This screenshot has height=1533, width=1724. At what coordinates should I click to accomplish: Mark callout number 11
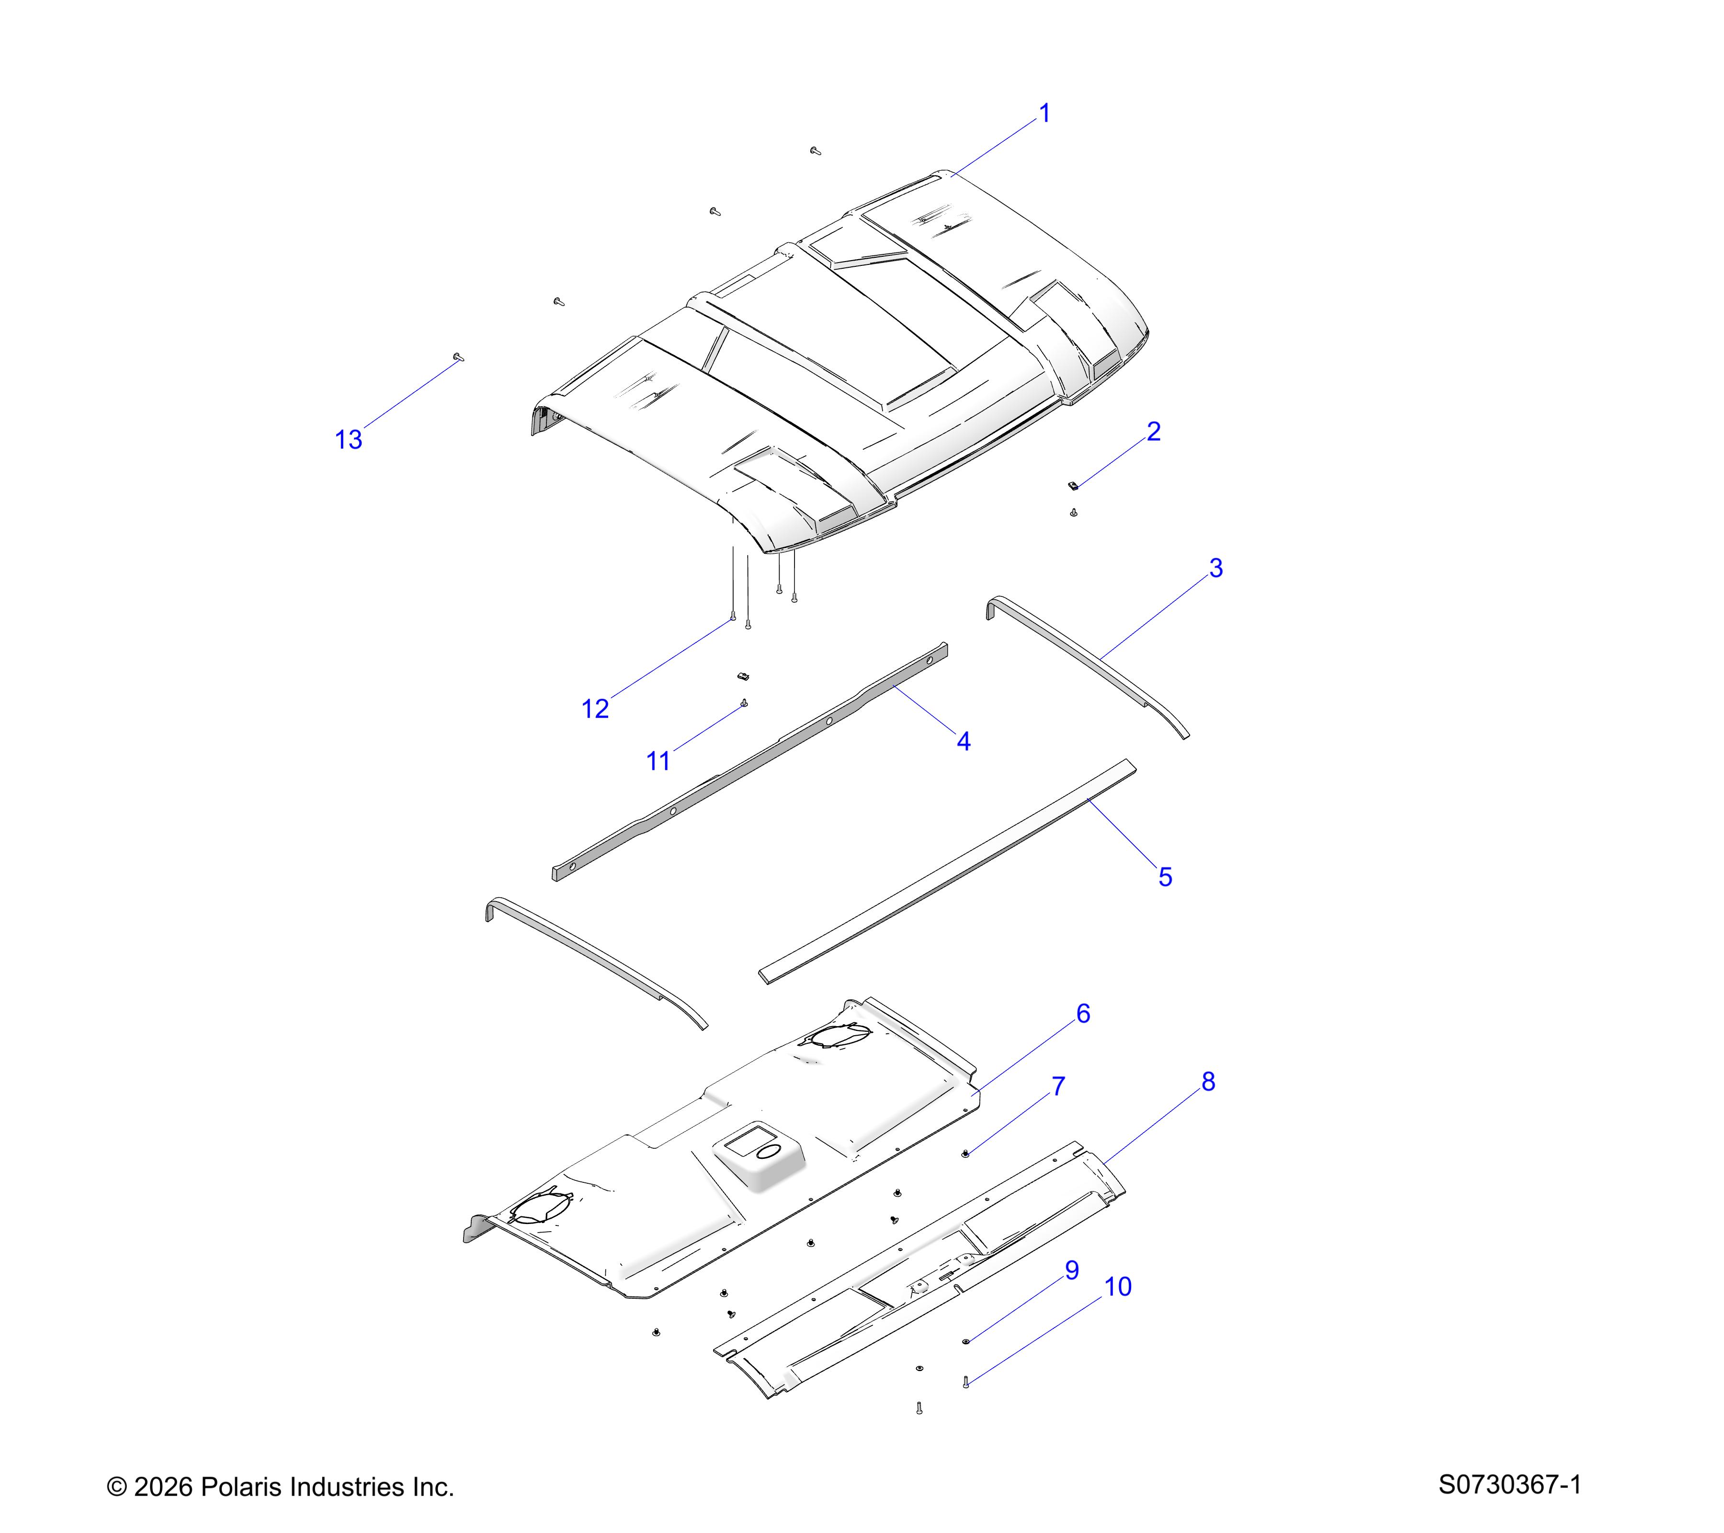tap(658, 761)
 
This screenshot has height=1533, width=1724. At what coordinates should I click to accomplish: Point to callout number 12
tap(595, 709)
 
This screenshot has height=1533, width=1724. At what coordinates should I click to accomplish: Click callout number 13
tap(348, 440)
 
